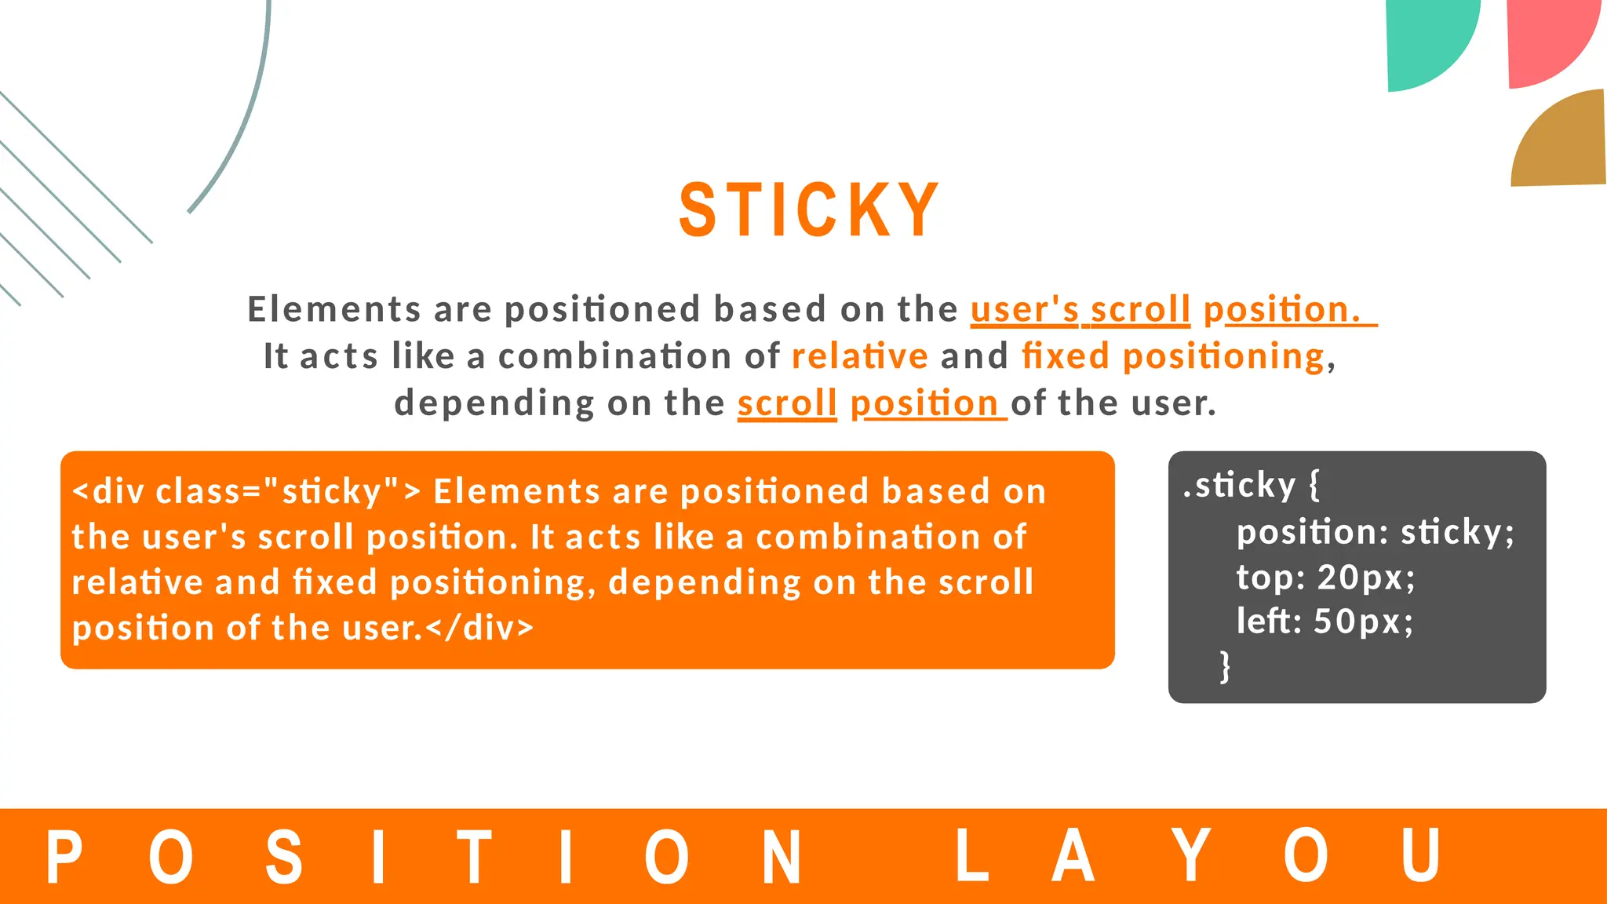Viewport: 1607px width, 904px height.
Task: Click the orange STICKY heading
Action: (808, 210)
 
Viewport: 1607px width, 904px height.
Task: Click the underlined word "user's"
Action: (1025, 309)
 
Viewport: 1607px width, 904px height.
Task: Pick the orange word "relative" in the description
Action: (860, 356)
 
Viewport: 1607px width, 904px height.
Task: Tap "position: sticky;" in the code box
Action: (1375, 533)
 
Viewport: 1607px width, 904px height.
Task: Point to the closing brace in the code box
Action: (1225, 666)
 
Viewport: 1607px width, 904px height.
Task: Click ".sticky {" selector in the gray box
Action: (1252, 486)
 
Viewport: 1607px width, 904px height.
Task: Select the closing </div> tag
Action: (479, 628)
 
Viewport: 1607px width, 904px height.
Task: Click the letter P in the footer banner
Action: (64, 857)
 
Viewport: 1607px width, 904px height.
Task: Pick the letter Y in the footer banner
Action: (1191, 857)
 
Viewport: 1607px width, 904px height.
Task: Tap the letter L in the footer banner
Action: (971, 857)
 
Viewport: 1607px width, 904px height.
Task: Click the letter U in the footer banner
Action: (1420, 857)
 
